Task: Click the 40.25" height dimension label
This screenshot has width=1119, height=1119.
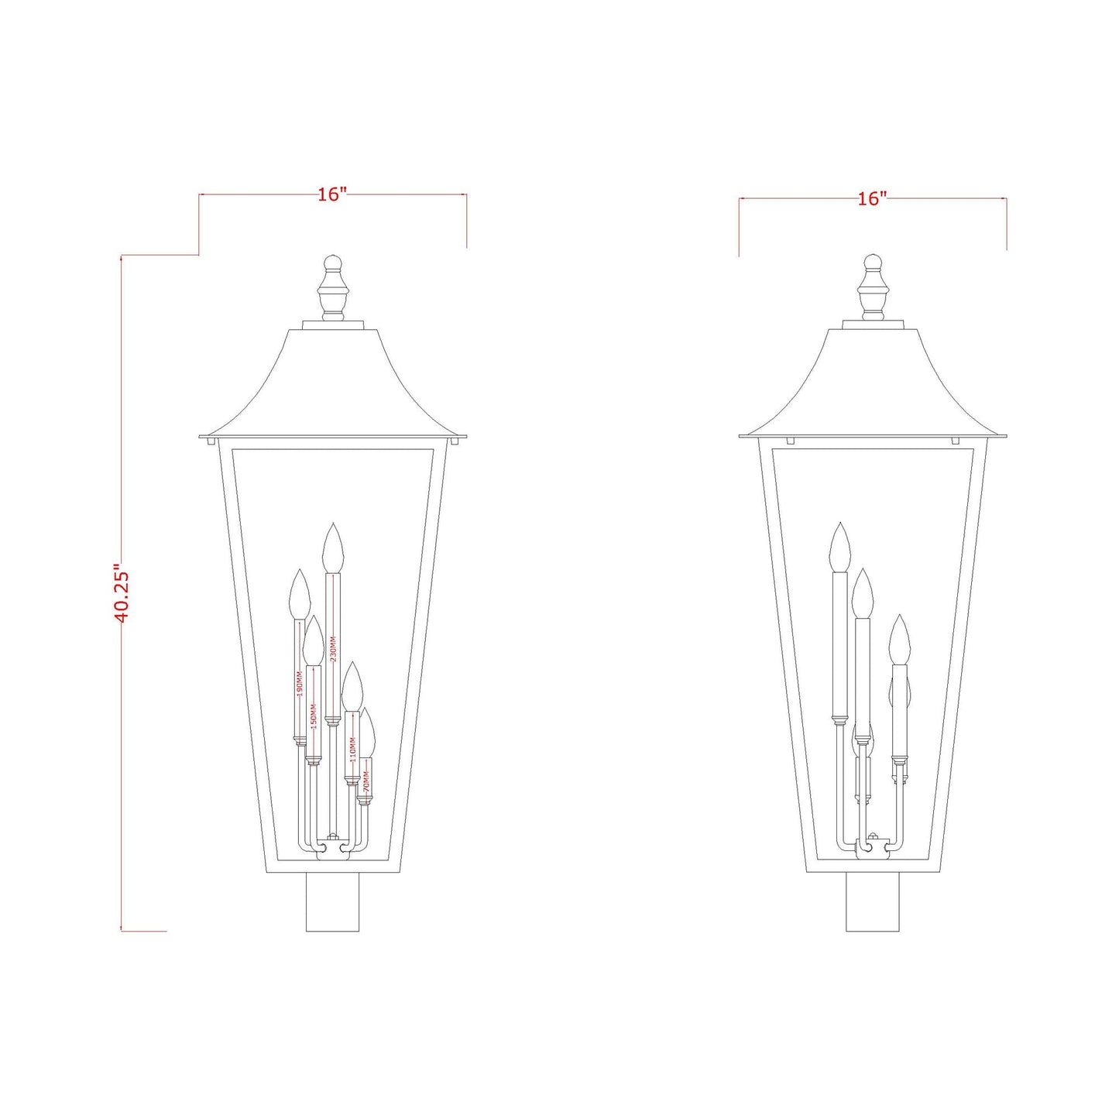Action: (122, 592)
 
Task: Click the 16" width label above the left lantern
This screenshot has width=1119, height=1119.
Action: (331, 194)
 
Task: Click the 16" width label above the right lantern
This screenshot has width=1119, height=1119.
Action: (872, 199)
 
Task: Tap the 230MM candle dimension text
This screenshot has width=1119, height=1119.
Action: (333, 649)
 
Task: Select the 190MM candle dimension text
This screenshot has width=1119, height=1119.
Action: (299, 684)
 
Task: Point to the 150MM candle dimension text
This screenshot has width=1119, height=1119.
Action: (313, 715)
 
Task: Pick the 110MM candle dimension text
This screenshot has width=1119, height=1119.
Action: (352, 749)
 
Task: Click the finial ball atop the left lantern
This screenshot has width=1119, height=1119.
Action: (333, 262)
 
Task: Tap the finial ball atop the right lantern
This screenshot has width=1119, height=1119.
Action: (873, 262)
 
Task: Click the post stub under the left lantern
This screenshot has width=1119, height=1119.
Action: (333, 902)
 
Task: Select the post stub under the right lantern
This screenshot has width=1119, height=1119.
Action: (873, 902)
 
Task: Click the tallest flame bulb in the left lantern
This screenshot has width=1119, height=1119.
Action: (332, 548)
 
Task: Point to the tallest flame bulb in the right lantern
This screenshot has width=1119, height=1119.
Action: (839, 547)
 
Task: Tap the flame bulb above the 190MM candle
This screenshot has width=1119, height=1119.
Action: (299, 594)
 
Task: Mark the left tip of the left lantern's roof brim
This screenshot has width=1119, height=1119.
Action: (201, 436)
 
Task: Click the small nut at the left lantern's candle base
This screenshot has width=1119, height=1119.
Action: (333, 836)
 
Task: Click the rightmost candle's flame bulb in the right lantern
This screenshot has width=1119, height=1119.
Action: (898, 640)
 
